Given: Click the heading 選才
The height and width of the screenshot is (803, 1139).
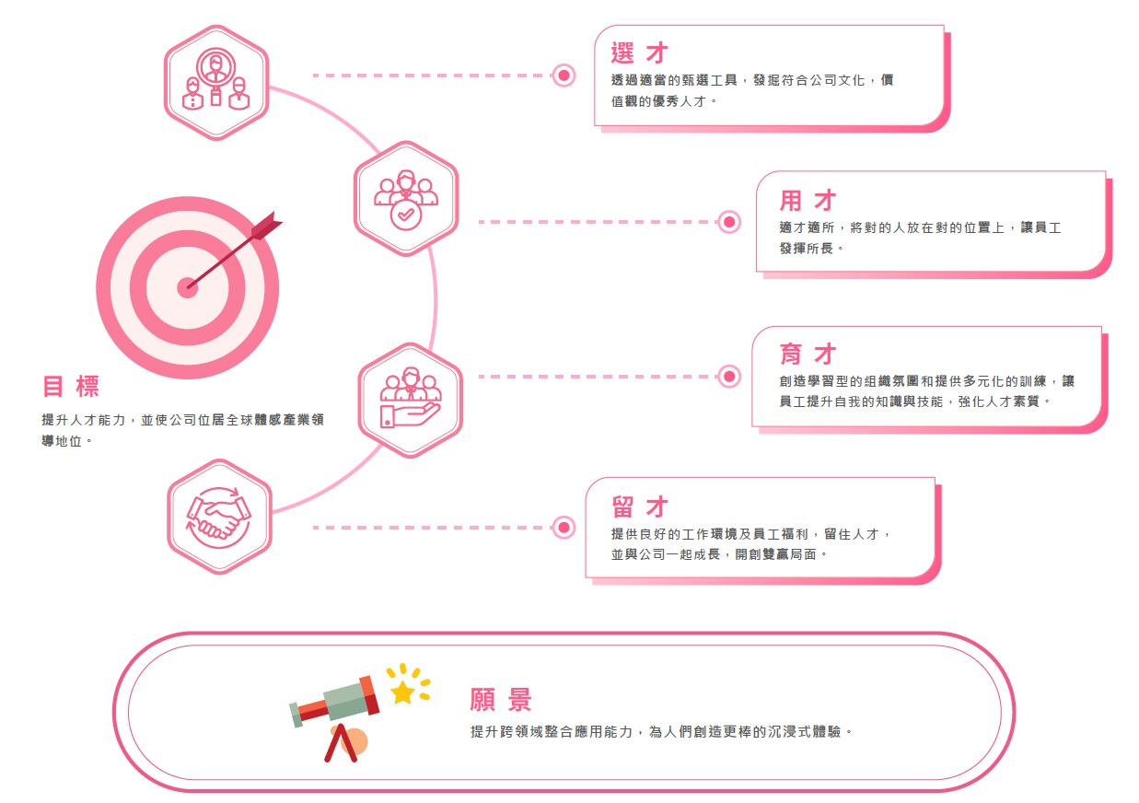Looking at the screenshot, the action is tap(639, 52).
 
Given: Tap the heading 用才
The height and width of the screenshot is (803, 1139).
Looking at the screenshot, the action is tap(808, 201).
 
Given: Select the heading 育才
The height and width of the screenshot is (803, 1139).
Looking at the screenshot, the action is tap(808, 354).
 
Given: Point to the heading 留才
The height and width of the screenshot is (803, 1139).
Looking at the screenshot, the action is tap(640, 506).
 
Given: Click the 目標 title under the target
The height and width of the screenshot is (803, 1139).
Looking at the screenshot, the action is tap(71, 386).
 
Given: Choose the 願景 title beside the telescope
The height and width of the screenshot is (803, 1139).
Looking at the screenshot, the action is tap(501, 700).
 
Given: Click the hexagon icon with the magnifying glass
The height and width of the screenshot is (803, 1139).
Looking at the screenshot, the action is tap(216, 82).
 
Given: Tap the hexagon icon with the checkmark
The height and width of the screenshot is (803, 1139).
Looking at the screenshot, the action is tap(406, 198).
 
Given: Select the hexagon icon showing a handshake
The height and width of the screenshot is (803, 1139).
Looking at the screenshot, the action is tap(220, 517).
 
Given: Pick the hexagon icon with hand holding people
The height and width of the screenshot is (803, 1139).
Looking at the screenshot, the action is tap(411, 401).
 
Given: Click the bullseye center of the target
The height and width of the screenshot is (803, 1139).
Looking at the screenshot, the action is tap(187, 288).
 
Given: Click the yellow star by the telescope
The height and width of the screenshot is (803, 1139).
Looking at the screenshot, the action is tap(402, 692).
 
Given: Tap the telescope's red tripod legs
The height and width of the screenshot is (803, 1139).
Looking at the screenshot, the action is tap(341, 743).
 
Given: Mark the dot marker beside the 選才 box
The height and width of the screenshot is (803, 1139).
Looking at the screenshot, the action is tap(564, 76).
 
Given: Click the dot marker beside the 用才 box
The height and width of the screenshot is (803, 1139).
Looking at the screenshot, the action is tap(729, 222).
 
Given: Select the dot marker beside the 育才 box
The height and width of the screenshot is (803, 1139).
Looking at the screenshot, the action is tap(729, 377).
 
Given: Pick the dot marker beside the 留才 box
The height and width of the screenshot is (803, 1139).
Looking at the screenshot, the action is tap(564, 528).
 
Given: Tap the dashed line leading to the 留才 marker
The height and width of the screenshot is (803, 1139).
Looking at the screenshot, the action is tap(431, 528).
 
